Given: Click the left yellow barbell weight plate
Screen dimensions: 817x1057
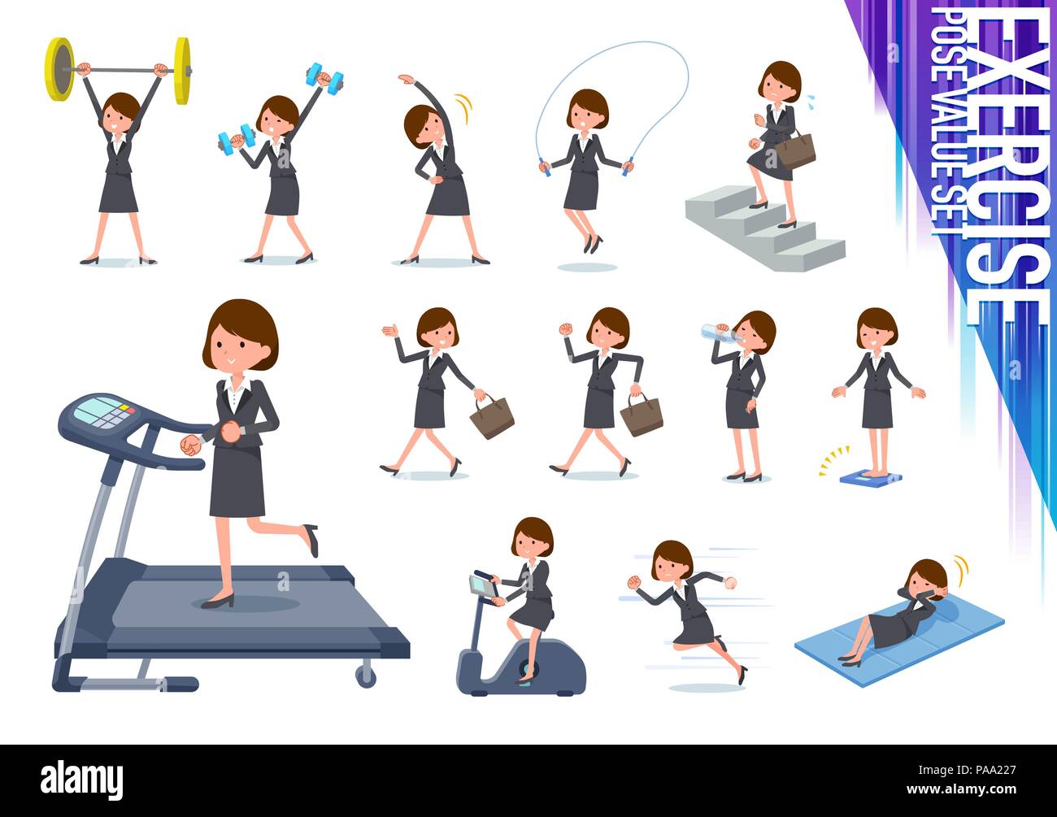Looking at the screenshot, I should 59,69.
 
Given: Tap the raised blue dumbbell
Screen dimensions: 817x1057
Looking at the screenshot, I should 324,76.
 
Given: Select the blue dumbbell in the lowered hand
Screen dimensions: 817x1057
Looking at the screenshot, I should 236,141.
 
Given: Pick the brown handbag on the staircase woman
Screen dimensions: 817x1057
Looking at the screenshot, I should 794,150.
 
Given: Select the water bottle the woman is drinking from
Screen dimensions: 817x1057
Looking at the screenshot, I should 719,332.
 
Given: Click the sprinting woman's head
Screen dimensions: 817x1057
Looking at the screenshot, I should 672,561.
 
